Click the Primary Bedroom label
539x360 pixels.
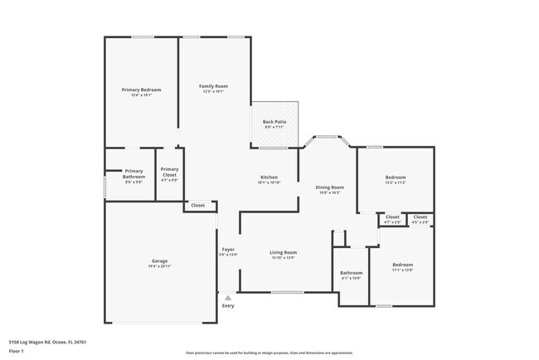point(141,90)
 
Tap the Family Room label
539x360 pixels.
point(213,86)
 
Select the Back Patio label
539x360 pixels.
point(274,123)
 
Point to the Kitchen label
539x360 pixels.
point(269,178)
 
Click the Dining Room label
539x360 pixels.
point(329,187)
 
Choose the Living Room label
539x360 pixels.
point(283,252)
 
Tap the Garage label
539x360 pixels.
point(160,260)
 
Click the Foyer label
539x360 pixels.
point(228,250)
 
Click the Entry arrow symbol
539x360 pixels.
point(228,297)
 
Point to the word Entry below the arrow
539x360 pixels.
point(228,306)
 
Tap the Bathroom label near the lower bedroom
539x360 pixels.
point(352,273)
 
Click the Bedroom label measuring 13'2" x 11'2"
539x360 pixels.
point(395,178)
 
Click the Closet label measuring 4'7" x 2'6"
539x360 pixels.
point(392,217)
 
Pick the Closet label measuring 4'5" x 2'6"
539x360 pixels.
point(420,217)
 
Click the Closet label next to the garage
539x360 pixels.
point(198,205)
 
